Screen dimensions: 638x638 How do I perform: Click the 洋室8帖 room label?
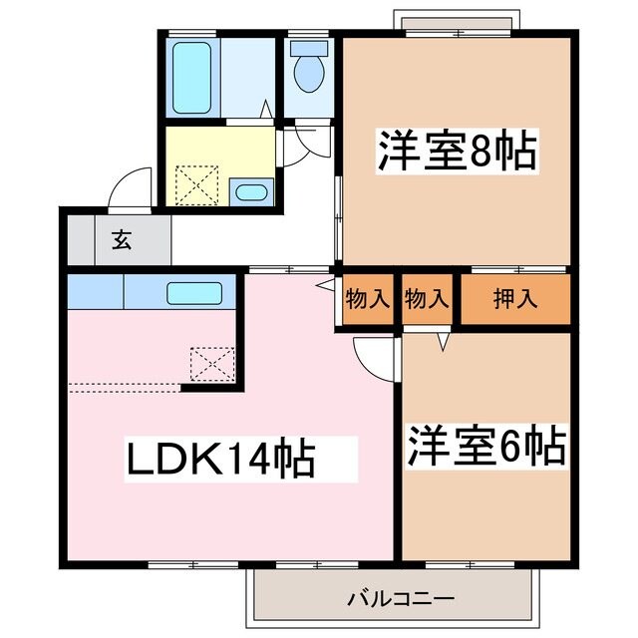456,152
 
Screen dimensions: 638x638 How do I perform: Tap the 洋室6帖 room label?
485,446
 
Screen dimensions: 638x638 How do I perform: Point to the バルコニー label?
401,599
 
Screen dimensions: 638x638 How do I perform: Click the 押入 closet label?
514,298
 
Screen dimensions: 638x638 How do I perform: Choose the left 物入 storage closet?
368,298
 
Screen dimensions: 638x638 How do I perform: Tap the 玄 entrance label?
121,239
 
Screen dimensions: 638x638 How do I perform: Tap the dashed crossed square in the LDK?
212,363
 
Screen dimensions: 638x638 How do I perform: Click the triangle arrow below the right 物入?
445,342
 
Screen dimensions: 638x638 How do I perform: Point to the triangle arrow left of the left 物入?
326,285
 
